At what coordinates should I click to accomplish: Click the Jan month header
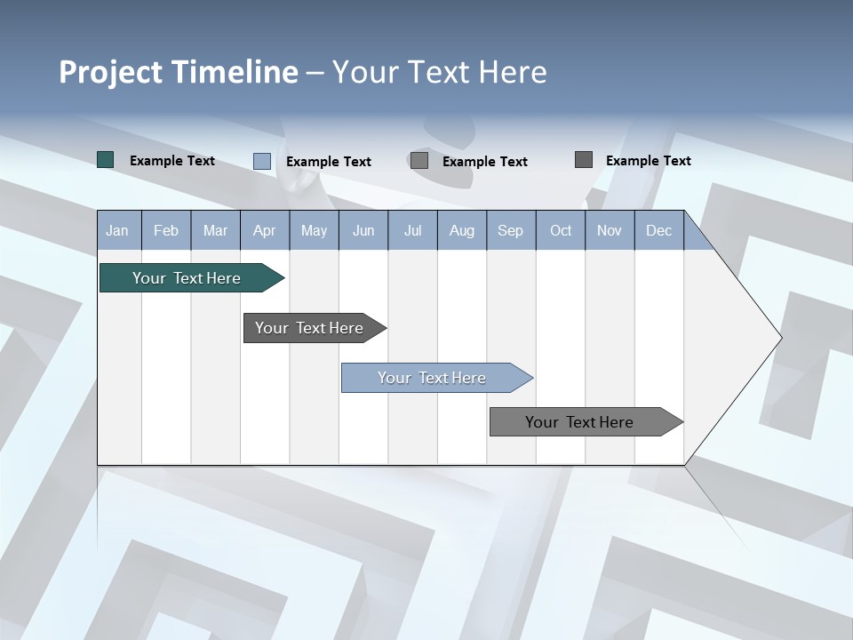click(117, 230)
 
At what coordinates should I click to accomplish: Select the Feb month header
click(166, 230)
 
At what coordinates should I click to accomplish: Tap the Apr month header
click(264, 230)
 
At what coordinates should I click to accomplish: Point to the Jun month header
click(363, 230)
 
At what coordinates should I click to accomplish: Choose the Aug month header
click(461, 230)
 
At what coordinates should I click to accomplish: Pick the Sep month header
click(510, 230)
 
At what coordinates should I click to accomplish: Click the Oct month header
click(561, 230)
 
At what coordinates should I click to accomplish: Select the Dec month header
click(658, 230)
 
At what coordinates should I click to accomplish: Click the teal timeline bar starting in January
click(187, 278)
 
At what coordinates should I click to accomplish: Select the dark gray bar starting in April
click(309, 328)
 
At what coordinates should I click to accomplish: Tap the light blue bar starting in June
click(432, 378)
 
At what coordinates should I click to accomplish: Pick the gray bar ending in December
click(579, 422)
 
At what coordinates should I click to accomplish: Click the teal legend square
click(105, 160)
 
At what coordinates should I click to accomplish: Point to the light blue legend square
click(261, 161)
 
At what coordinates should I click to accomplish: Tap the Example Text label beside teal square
click(172, 161)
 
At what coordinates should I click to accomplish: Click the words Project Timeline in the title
click(178, 72)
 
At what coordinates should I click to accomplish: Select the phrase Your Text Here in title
click(439, 72)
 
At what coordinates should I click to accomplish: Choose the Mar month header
click(215, 230)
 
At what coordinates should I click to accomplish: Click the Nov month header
click(610, 230)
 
